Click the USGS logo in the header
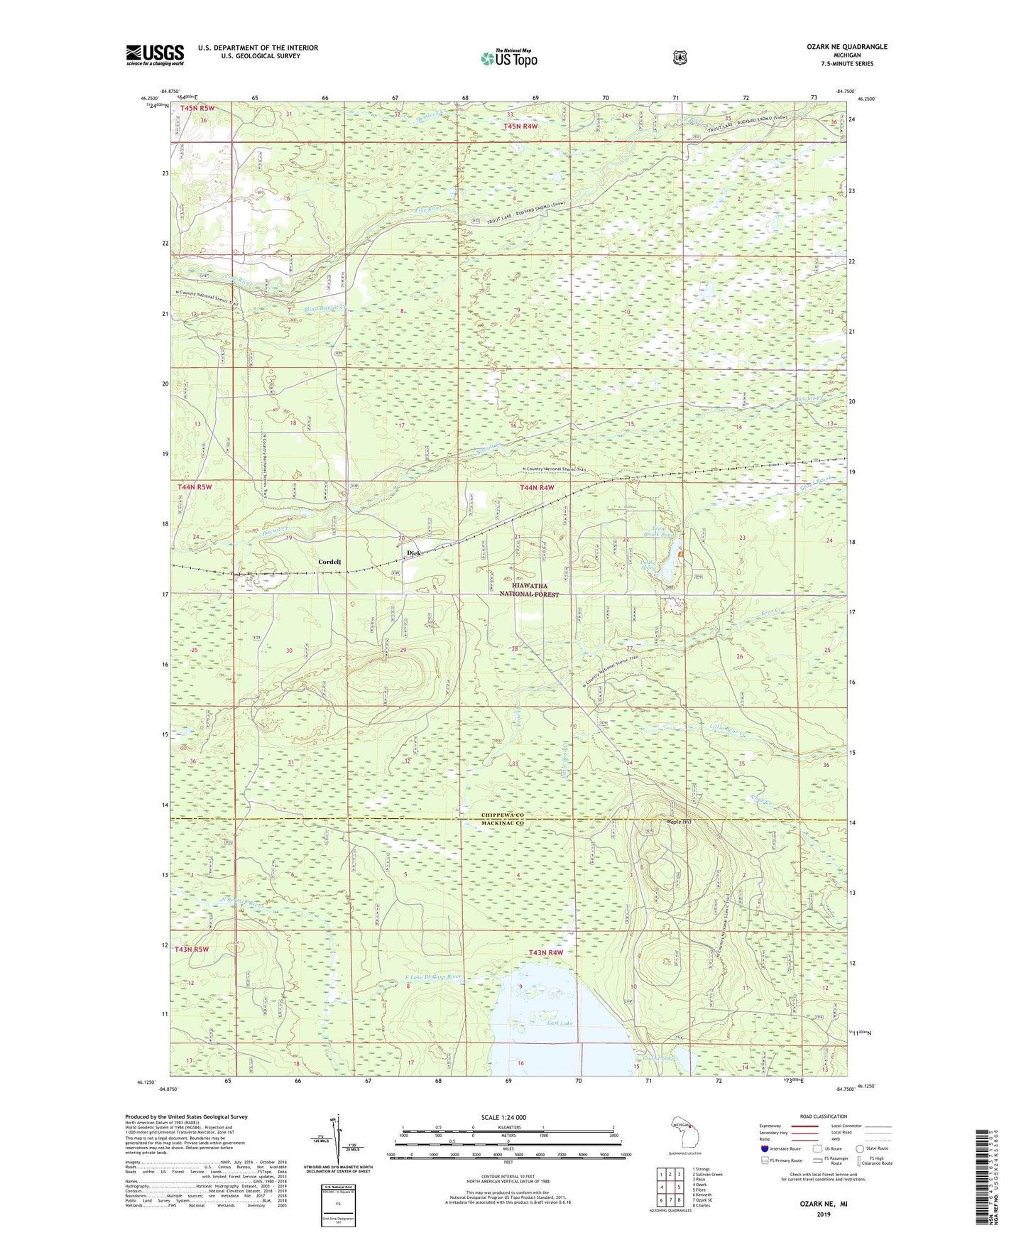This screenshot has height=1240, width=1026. [155, 55]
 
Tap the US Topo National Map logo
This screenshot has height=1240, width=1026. [508, 58]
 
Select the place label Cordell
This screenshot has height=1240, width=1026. [329, 562]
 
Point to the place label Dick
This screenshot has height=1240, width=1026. [413, 553]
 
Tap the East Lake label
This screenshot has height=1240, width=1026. [560, 1023]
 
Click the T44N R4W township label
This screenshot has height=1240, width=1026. [537, 487]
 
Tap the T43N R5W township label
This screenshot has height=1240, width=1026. [192, 949]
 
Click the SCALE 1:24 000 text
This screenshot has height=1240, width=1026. [503, 1117]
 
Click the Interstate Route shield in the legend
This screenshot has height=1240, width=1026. [764, 1148]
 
